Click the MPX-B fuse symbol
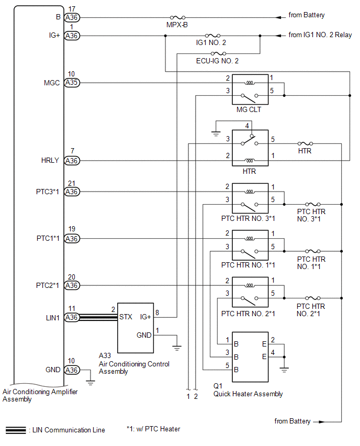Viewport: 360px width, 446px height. (x=177, y=17)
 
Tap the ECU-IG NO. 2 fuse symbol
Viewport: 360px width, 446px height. (x=218, y=53)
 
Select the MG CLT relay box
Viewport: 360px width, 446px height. (x=250, y=90)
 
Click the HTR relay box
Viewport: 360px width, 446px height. (x=250, y=148)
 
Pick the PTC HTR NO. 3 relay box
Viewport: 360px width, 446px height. (x=250, y=198)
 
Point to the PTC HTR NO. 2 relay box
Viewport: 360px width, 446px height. (x=250, y=292)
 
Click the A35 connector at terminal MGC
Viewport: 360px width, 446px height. (x=72, y=83)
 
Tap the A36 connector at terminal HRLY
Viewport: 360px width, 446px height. (x=72, y=161)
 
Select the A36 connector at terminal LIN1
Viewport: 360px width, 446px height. (x=72, y=317)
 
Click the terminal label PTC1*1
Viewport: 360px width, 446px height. (x=48, y=238)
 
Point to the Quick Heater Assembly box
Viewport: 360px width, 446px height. (x=250, y=356)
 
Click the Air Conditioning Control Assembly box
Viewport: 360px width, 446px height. (x=136, y=328)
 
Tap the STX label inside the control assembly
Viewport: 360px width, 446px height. (x=126, y=317)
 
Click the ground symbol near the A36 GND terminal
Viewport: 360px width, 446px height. (x=91, y=383)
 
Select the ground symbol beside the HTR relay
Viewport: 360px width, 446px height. (x=216, y=133)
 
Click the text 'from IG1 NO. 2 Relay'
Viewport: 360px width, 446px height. (x=320, y=35)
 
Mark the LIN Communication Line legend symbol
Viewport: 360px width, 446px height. (x=16, y=430)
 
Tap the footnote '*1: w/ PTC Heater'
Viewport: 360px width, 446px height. (x=153, y=429)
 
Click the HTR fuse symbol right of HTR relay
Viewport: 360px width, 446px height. (x=305, y=143)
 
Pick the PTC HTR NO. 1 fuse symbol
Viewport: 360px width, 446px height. (x=313, y=251)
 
